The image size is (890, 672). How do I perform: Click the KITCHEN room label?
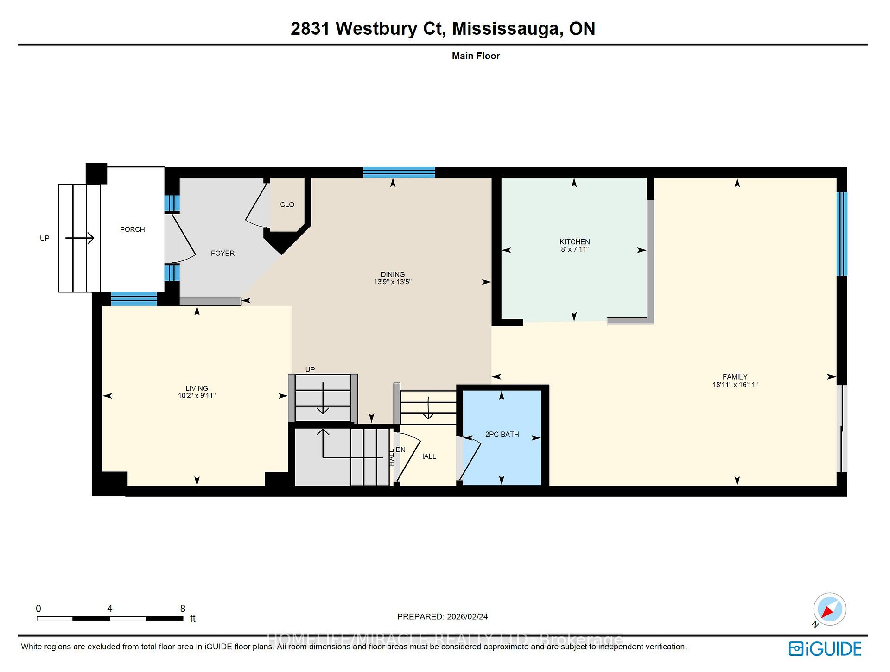point(574,241)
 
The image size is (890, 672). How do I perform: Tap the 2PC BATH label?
point(502,434)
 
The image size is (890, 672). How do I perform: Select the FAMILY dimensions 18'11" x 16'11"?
point(735,384)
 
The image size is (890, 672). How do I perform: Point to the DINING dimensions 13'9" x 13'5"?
point(393,282)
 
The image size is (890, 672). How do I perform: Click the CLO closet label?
point(287,204)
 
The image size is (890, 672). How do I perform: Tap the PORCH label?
point(132,229)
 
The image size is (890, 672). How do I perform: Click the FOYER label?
point(222,253)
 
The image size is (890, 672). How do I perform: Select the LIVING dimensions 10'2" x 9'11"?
point(197,396)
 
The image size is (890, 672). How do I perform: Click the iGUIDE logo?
point(825,648)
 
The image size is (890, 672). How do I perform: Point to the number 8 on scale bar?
point(183,609)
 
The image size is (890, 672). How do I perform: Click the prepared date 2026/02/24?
point(467,616)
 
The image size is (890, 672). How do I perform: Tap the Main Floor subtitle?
point(476,56)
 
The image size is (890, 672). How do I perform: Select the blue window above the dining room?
point(399,172)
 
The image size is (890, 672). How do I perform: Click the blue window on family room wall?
point(842,234)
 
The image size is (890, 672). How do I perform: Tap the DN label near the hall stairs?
point(400,450)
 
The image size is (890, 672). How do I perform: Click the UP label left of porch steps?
point(44,238)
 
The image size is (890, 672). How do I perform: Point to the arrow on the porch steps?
point(80,239)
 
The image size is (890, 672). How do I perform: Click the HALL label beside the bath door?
point(427,456)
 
